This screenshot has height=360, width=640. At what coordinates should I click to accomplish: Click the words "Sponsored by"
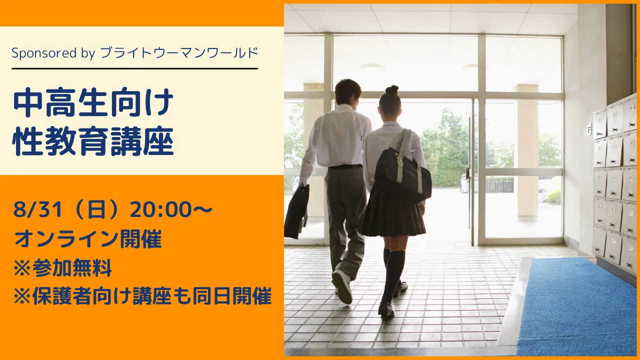point(53,52)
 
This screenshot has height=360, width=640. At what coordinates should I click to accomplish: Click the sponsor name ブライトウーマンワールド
point(179,52)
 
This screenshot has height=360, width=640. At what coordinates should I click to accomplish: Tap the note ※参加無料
point(62,269)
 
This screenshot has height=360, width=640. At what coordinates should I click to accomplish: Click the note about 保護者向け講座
point(142,297)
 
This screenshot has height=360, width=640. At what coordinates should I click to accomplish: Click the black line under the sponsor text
point(134,68)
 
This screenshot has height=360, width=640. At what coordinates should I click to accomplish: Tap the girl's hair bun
point(391,90)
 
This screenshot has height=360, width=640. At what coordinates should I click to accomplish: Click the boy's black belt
point(345,166)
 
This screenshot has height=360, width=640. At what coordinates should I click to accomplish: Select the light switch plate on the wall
point(589,129)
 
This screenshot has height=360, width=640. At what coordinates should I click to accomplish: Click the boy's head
point(348,92)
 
